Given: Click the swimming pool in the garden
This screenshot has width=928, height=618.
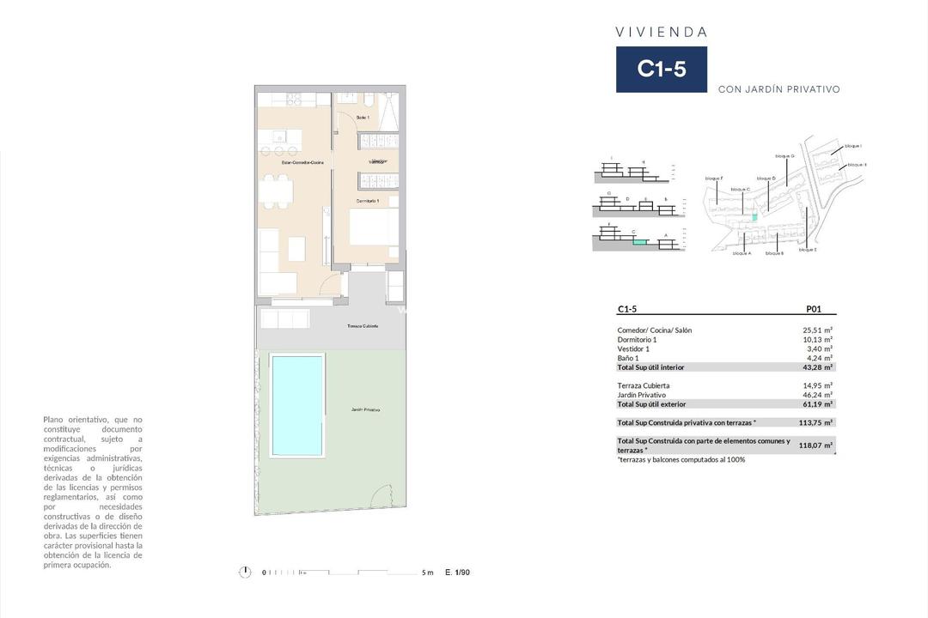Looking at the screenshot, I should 296,405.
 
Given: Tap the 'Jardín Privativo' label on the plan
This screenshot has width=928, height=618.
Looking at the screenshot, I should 365,410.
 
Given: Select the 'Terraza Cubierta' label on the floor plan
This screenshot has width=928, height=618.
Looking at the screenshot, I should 363,326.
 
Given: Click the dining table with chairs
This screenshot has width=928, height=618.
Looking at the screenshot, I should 274,191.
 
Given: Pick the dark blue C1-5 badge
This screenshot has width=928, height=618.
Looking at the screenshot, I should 661,70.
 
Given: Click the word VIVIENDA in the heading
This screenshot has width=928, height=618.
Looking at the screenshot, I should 661,32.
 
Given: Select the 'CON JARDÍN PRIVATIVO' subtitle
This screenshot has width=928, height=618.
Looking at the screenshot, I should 778,89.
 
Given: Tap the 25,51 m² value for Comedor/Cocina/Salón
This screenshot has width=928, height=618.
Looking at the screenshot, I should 817,330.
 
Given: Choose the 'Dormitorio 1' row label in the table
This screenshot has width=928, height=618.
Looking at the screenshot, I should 637,339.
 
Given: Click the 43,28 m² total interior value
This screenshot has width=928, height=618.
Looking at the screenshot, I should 817,367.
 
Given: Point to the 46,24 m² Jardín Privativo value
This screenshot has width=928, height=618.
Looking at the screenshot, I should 817,395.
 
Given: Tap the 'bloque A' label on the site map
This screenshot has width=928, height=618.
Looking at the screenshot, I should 742,254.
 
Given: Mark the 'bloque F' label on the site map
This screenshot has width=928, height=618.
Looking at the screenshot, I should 714,178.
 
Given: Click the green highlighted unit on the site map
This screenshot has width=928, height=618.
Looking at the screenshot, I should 755,218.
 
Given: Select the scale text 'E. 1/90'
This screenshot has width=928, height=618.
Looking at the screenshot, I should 457,573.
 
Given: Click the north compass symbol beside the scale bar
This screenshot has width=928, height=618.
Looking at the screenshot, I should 245,573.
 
